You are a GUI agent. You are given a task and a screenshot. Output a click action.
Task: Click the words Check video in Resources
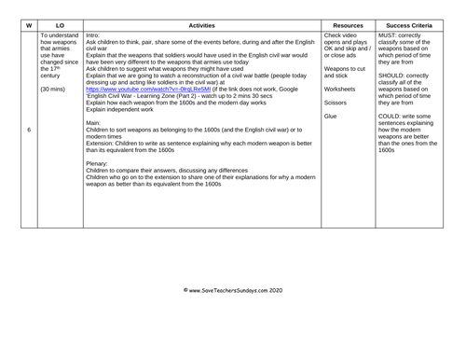click(341, 35)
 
